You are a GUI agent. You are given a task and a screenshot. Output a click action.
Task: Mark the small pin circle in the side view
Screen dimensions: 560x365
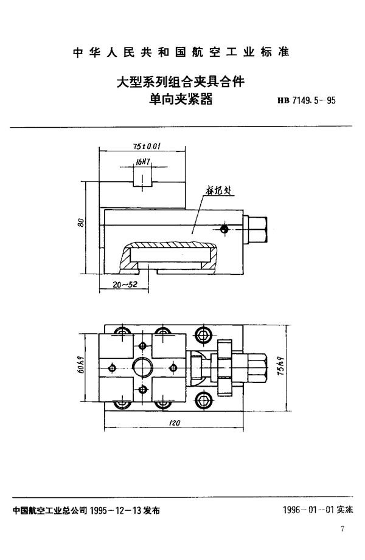point(224,229)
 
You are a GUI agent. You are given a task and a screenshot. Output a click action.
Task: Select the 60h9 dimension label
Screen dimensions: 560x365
point(81,369)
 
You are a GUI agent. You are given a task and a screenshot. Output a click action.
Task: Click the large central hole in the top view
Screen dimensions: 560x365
point(143,368)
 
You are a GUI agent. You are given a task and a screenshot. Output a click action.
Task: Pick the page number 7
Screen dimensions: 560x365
point(344,547)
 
